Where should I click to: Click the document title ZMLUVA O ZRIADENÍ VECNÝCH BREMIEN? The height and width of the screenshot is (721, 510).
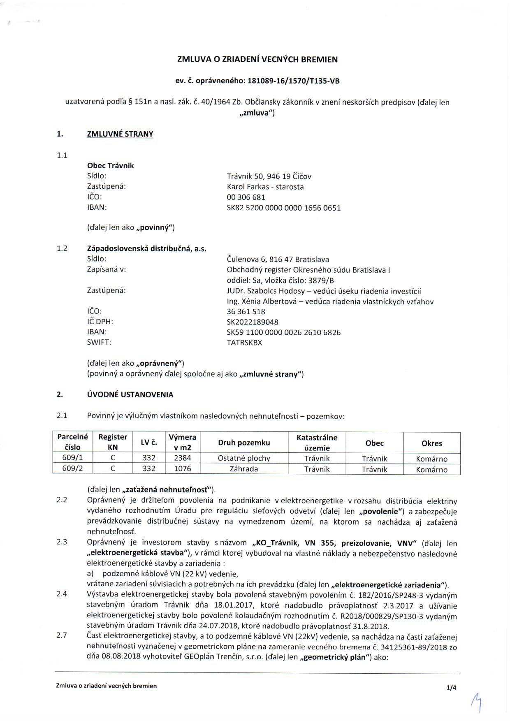tap(257, 59)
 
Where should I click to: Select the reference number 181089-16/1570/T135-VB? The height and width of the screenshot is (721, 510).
tap(293, 81)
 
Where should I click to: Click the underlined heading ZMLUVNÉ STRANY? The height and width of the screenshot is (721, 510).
tap(120, 134)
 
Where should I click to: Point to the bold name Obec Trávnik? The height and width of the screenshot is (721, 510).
tap(110, 165)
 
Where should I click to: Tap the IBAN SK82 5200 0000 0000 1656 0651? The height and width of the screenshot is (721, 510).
tap(283, 208)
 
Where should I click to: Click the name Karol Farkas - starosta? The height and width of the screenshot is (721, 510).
tap(265, 187)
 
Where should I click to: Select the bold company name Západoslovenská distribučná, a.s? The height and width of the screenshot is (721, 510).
tap(146, 248)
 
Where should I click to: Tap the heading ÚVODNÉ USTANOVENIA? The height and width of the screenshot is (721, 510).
tap(130, 394)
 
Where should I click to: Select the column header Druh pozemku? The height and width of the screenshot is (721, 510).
tap(244, 443)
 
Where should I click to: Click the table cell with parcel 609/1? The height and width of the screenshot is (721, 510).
tap(72, 458)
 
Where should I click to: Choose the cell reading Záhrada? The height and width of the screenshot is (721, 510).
tap(244, 469)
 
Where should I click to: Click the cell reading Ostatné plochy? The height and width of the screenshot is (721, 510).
tap(244, 458)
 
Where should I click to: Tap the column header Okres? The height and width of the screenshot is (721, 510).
tap(431, 443)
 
